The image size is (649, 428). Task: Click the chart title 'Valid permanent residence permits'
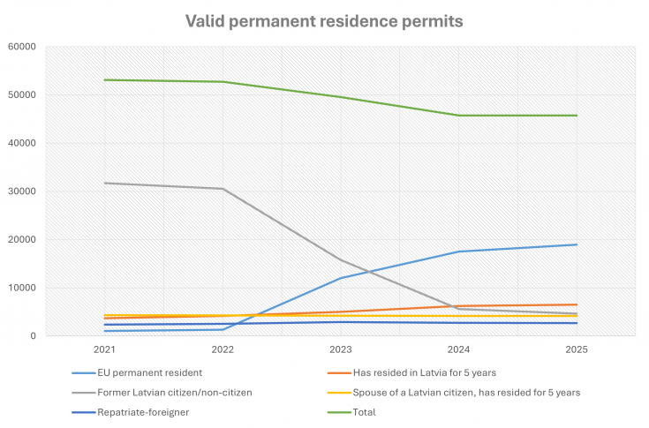coord(324,20)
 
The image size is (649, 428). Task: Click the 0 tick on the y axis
coord(33,336)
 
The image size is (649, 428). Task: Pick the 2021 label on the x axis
coord(104,349)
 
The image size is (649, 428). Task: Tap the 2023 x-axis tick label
coord(341,349)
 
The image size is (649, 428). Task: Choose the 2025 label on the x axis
coord(577,349)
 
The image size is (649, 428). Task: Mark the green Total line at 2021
coord(104,80)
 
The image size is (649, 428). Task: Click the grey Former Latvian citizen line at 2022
coord(223,189)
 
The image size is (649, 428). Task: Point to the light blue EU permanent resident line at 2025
coord(577,244)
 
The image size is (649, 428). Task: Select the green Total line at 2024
coord(459,116)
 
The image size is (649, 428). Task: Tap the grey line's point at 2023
coord(341,260)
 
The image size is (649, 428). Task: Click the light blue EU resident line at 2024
coord(459,252)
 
